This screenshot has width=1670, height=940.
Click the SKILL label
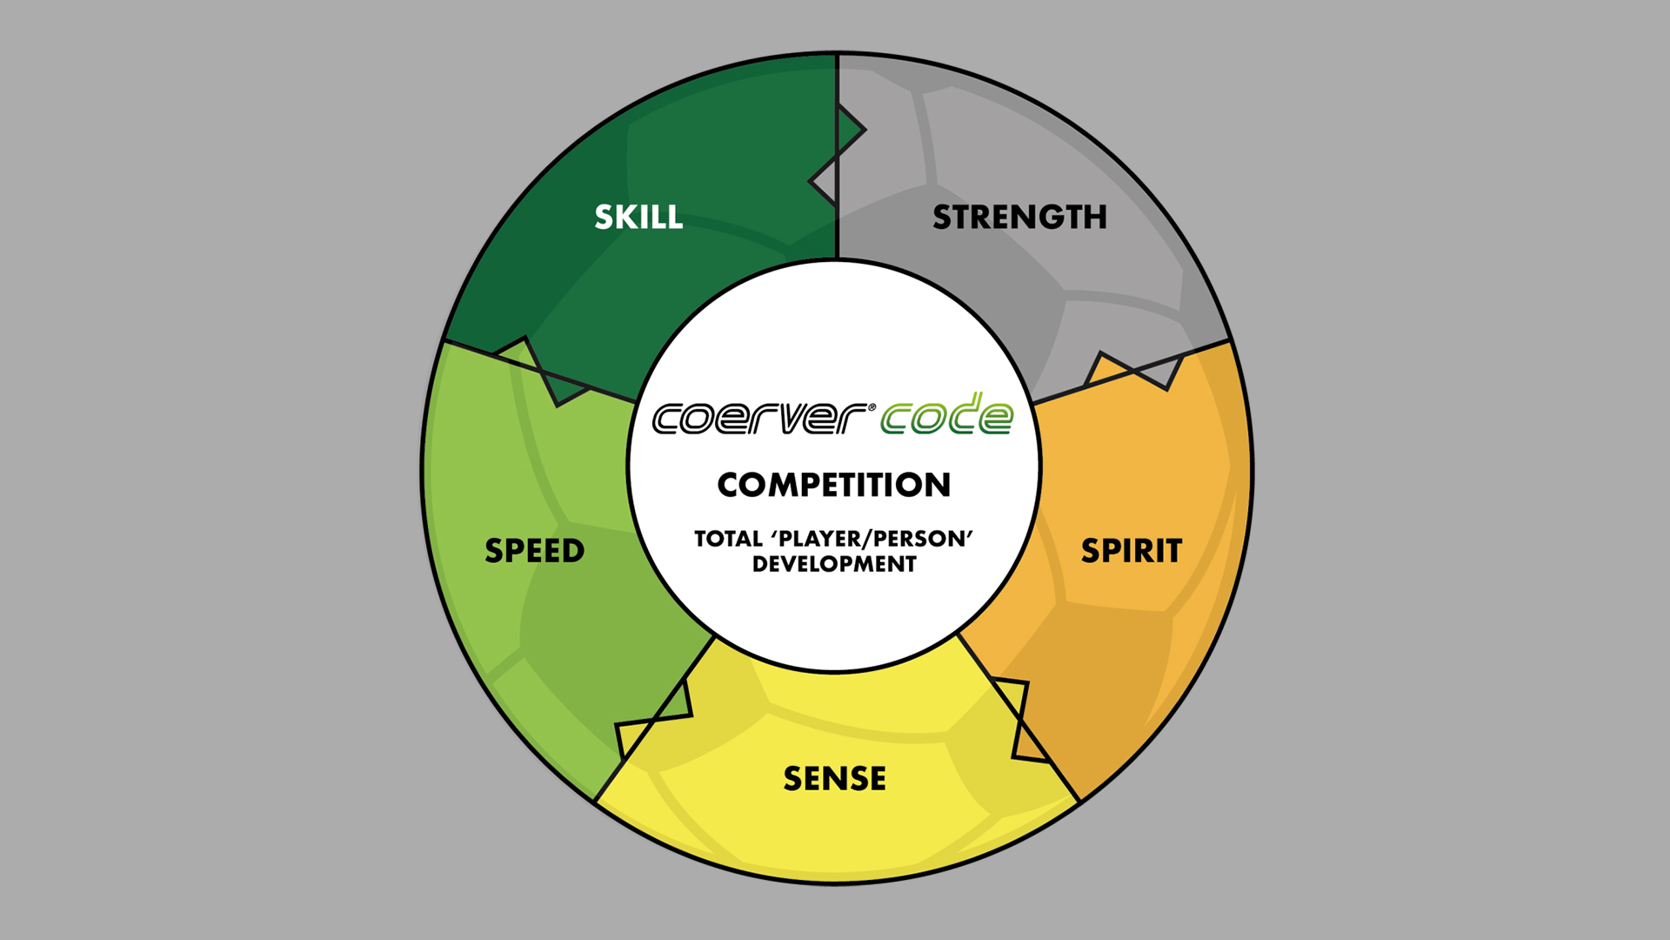tap(638, 217)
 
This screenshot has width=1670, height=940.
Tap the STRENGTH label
tap(1019, 217)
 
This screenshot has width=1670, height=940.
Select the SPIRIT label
tap(1132, 551)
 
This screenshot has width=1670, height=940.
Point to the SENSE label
tap(835, 778)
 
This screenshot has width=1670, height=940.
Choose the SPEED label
tap(535, 551)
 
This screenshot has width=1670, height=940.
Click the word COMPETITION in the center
tap(834, 485)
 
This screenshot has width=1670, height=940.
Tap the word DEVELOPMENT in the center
tap(834, 564)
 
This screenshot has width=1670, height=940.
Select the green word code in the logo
tap(947, 413)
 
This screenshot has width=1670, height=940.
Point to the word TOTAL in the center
tap(728, 539)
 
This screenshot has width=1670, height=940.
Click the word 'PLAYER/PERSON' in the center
tap(872, 539)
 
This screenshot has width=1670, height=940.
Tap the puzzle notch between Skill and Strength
tap(837, 157)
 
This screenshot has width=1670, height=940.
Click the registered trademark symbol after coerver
tap(872, 406)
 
